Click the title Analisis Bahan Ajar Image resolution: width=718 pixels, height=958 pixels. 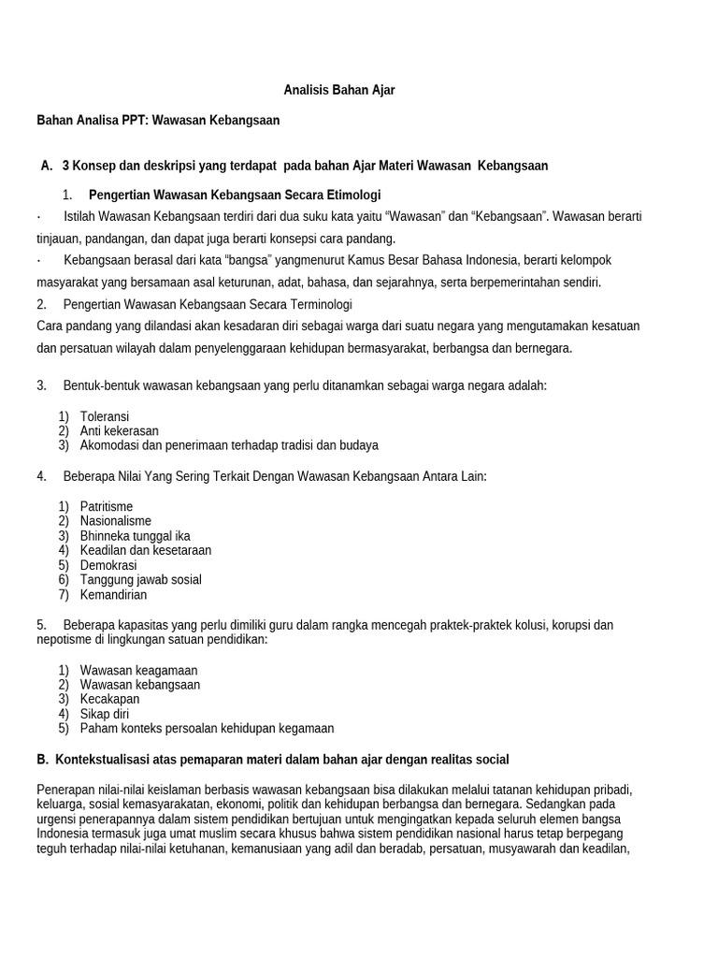(x=339, y=91)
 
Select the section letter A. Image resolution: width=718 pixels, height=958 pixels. (x=46, y=166)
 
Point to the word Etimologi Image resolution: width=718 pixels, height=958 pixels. (x=350, y=195)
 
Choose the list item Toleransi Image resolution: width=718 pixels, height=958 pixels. (x=105, y=415)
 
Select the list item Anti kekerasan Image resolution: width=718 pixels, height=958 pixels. (x=120, y=430)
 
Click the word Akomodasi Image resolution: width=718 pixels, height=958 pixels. (x=111, y=445)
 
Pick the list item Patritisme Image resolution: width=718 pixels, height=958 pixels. (x=107, y=506)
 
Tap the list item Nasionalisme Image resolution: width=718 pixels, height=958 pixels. (x=116, y=521)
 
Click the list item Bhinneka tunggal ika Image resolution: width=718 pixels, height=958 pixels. (x=136, y=536)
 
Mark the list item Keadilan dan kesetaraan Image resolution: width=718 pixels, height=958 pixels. (x=146, y=550)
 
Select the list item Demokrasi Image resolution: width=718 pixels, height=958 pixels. (x=108, y=565)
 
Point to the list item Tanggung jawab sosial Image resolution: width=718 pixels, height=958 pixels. (x=141, y=580)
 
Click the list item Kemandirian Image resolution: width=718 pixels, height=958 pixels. (x=114, y=595)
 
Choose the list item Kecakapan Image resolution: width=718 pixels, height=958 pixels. (x=110, y=699)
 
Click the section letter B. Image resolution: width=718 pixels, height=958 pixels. (x=42, y=759)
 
